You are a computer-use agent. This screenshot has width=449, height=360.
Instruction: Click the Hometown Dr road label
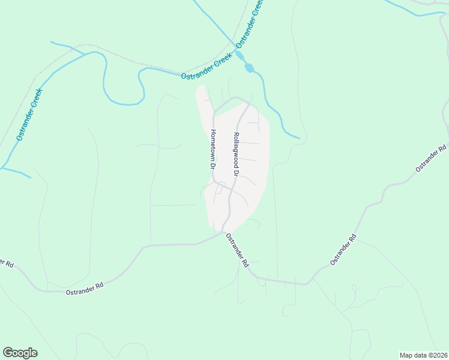tap(212, 149)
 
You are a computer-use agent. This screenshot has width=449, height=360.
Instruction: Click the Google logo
tap(20, 353)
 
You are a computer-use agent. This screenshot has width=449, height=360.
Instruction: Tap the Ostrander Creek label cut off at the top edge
tap(250, 24)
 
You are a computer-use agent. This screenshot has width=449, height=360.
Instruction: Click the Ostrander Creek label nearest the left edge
tap(29, 115)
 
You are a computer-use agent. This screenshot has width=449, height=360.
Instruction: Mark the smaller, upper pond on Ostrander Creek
tap(240, 56)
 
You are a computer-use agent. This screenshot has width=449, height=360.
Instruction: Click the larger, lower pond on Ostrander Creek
tap(249, 68)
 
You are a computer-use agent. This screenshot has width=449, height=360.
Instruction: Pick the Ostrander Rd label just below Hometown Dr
tap(237, 250)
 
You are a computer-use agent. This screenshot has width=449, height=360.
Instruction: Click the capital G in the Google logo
tap(8, 353)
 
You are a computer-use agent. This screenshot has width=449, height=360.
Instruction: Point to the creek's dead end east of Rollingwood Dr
tap(299, 139)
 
